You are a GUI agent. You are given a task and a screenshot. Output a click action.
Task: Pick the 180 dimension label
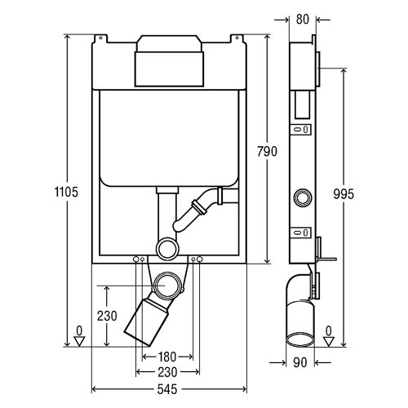pyautogui.click(x=167, y=357)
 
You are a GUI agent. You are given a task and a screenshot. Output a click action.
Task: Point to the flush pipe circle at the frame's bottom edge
pyautogui.click(x=168, y=247)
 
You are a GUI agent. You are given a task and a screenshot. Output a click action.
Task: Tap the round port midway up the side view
pyautogui.click(x=304, y=197)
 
